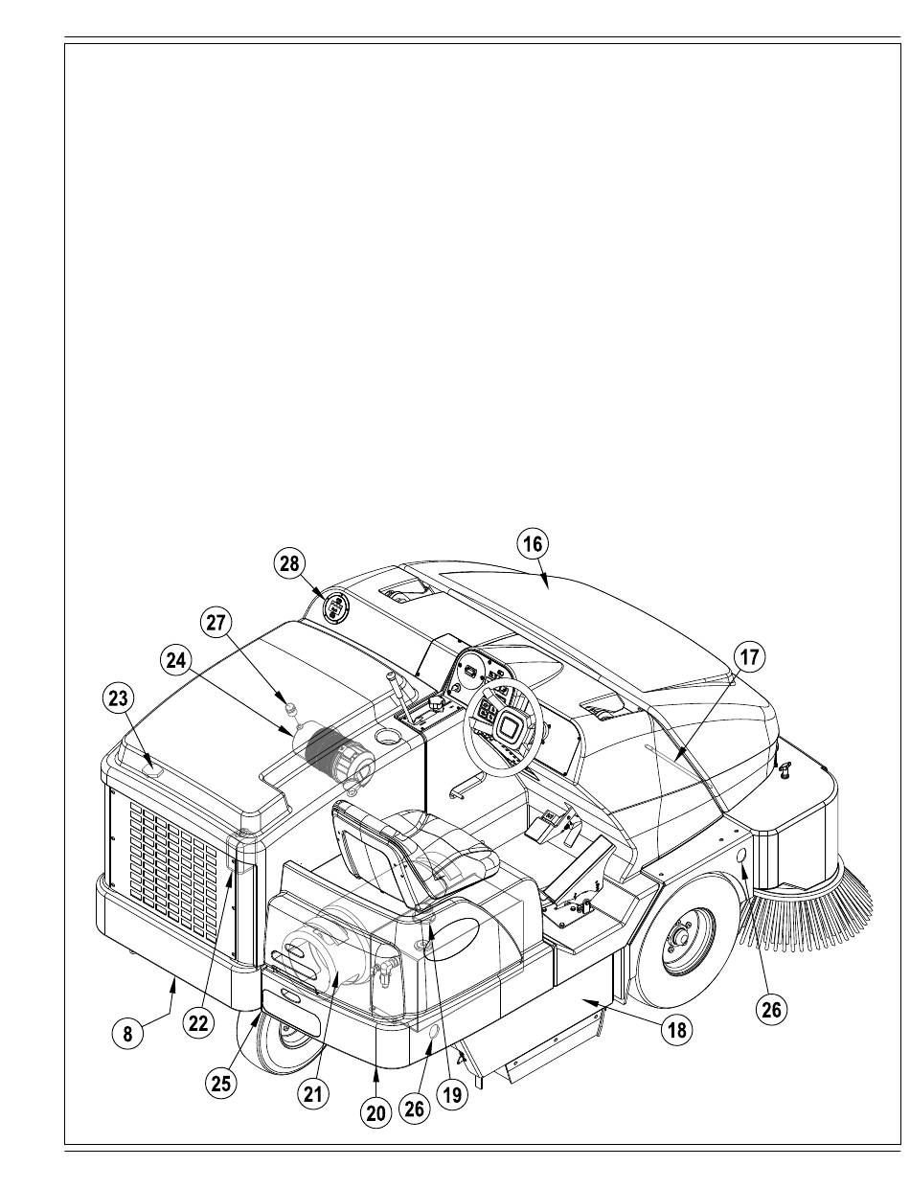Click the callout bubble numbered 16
click(x=532, y=544)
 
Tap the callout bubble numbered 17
click(x=748, y=657)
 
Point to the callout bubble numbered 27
click(x=216, y=623)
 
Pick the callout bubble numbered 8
click(x=128, y=1034)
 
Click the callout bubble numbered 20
click(x=375, y=1112)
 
